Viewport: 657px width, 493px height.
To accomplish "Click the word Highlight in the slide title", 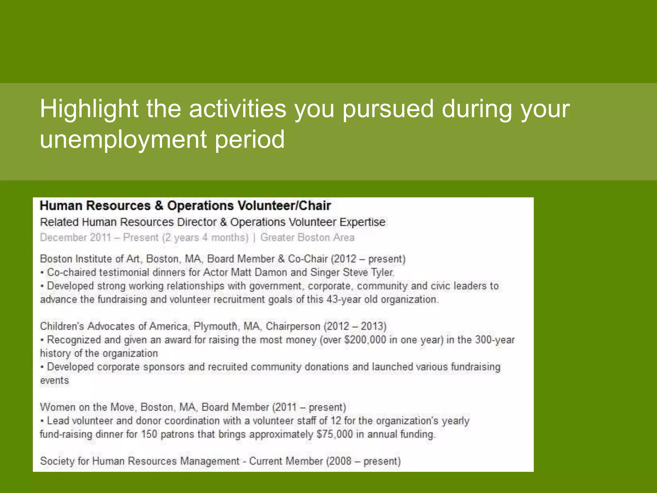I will [89, 109].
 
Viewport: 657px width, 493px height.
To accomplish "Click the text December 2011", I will [75, 238].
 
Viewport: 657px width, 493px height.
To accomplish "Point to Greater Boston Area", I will [307, 238].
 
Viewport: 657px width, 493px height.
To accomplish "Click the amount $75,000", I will [335, 434].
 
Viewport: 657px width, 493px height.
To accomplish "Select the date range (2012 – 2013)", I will [355, 326].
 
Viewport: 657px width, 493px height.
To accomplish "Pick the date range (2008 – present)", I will [363, 461].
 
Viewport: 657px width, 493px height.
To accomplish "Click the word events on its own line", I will [55, 381].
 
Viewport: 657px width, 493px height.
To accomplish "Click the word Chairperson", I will [293, 326].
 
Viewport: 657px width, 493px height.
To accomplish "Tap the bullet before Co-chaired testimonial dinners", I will [42, 273].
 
